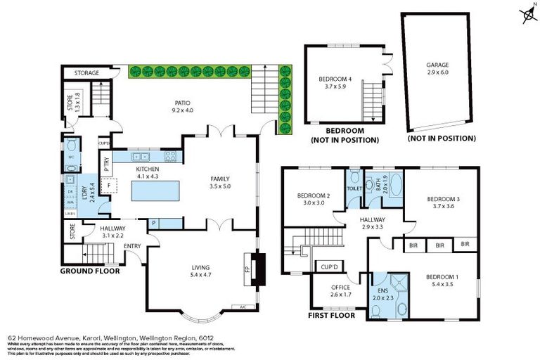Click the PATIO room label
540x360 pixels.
(x=181, y=103)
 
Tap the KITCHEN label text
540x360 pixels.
(x=148, y=169)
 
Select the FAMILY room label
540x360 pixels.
(x=220, y=179)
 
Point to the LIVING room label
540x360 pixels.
(x=202, y=267)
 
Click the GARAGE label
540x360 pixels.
(x=437, y=65)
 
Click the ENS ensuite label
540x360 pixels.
(x=382, y=289)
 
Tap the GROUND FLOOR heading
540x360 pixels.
(x=89, y=271)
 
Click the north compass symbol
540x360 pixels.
(x=526, y=13)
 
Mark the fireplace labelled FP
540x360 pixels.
(x=247, y=269)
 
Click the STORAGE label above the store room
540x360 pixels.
(x=86, y=73)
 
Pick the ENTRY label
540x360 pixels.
(x=132, y=245)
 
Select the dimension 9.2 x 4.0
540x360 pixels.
(x=181, y=110)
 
